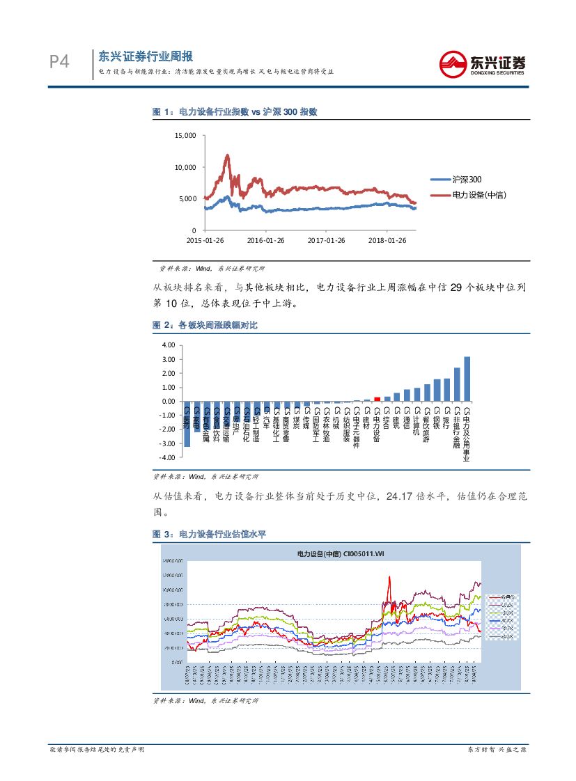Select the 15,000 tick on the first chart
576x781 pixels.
(x=185, y=136)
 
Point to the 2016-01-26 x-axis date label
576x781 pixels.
(x=266, y=240)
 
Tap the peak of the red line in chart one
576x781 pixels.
(x=227, y=155)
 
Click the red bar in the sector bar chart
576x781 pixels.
(x=377, y=399)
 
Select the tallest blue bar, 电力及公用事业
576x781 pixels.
(x=467, y=379)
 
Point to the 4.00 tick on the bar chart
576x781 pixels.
(x=168, y=345)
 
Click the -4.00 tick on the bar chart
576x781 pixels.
(x=168, y=457)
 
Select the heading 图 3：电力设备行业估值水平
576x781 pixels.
(x=210, y=534)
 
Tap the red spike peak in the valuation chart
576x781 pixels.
(x=389, y=577)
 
